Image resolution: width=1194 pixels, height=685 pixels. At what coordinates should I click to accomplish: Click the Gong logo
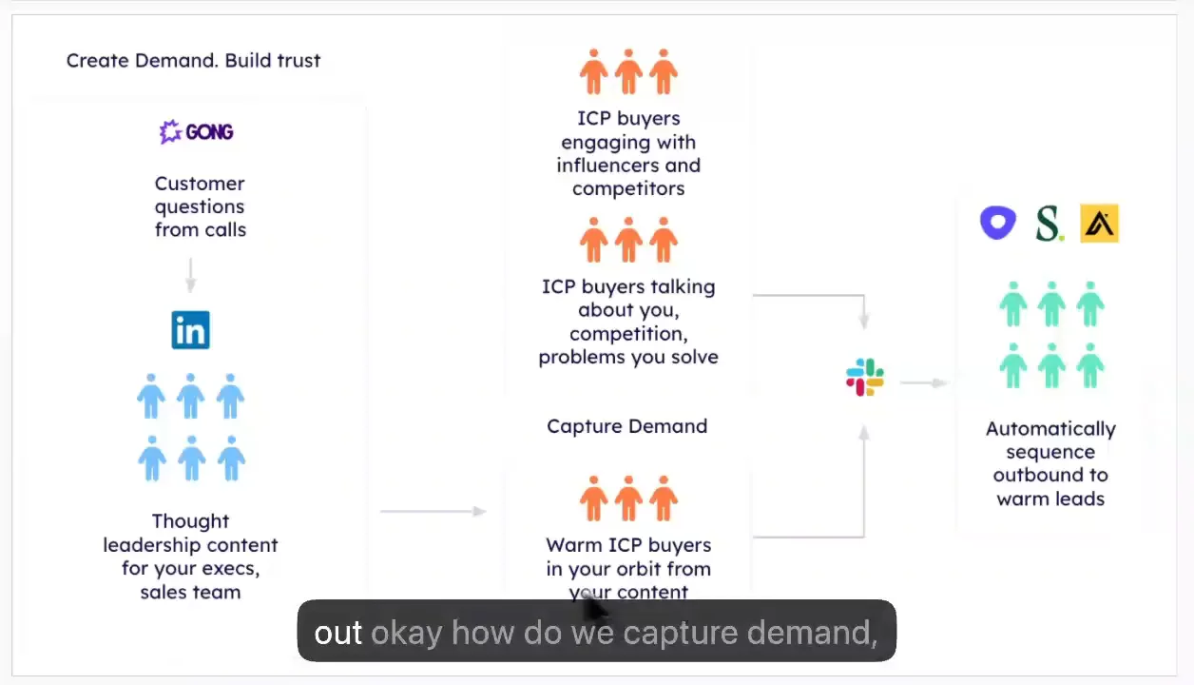197,131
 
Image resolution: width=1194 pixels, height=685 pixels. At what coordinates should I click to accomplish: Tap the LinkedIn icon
190,330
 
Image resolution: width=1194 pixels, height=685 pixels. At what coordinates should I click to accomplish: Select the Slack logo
865,378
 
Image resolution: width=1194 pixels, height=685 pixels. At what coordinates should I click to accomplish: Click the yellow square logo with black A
1100,224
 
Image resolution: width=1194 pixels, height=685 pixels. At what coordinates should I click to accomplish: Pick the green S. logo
1049,224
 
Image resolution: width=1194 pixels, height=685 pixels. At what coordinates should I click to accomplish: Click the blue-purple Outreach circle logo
998,223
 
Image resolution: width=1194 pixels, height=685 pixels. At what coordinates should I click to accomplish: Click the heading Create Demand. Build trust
193,61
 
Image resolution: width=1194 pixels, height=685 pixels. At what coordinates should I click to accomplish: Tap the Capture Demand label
626,426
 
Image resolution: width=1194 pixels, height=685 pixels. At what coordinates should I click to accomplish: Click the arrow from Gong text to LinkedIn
190,275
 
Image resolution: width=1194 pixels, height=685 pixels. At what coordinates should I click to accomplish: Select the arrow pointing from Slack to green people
922,382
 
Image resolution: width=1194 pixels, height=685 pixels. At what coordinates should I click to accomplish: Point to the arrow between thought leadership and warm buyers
433,512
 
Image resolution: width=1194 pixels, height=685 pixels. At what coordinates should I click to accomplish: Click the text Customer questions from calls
200,206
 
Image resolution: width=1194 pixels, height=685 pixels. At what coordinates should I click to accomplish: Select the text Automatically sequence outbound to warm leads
1050,463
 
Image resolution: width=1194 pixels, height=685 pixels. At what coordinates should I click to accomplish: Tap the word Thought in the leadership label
190,521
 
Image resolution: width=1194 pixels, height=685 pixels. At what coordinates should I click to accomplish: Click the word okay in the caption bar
406,633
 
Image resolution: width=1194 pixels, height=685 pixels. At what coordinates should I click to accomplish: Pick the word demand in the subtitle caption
812,633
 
